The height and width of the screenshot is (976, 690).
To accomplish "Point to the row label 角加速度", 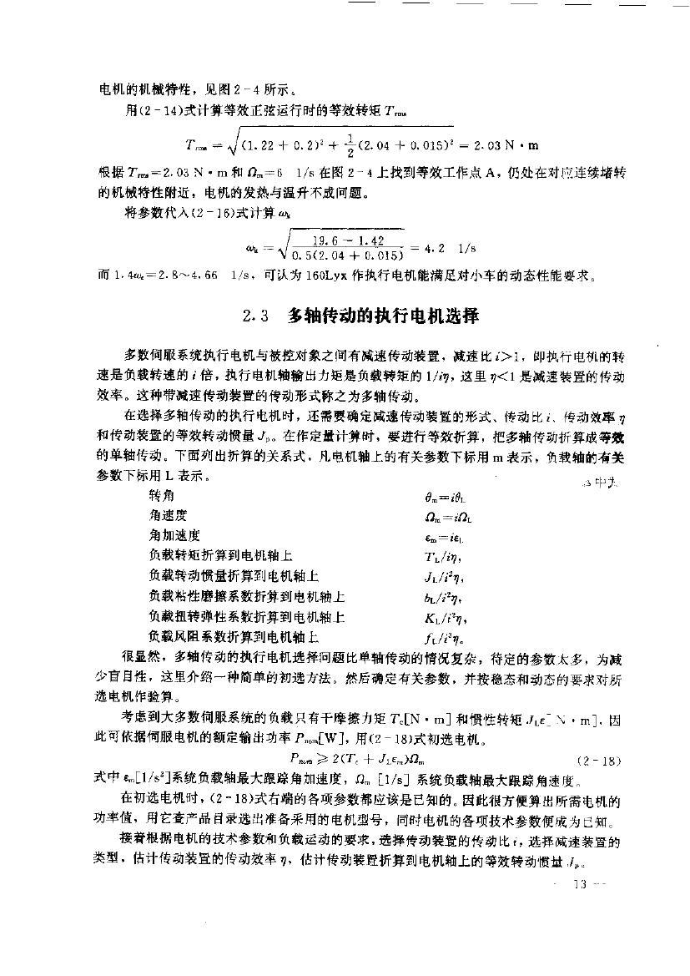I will [174, 535].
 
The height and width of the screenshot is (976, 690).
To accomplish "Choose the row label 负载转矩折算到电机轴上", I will [221, 555].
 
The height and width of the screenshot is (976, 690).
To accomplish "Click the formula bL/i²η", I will [443, 598].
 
